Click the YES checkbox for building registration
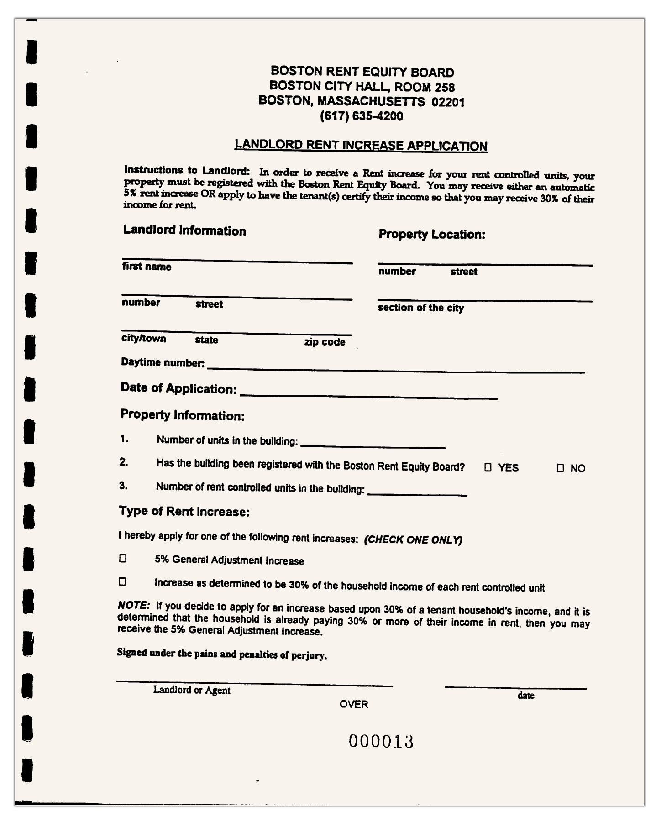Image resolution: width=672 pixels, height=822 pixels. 488,467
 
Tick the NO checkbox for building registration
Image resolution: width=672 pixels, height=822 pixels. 560,468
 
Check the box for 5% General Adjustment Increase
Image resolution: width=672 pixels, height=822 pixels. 122,558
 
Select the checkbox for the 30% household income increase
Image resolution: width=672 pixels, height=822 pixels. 122,582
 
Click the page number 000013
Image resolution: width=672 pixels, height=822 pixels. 381,742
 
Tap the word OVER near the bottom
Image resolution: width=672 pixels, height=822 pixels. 354,704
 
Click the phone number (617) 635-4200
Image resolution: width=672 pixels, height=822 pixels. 362,116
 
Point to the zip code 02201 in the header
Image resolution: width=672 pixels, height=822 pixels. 448,102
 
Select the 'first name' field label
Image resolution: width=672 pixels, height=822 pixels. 147,267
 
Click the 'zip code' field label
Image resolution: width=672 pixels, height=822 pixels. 325,342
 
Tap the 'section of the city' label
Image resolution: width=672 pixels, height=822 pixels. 420,308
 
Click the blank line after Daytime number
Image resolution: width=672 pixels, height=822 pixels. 395,369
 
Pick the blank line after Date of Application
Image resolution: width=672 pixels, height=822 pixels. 368,395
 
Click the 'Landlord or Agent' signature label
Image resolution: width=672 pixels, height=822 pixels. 192,690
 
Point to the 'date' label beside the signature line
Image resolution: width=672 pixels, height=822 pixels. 526,696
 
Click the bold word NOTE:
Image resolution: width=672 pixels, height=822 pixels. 134,606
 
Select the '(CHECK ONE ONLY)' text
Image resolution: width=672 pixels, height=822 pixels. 413,540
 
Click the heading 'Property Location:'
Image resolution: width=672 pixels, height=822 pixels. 432,235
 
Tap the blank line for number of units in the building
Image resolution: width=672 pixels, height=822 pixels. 373,445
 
